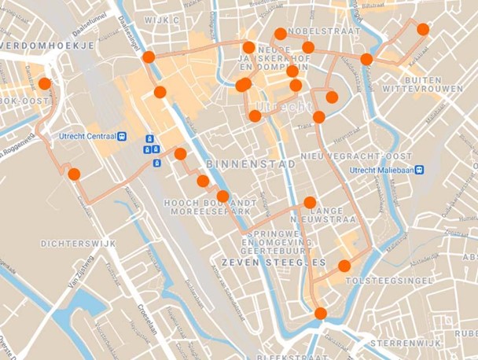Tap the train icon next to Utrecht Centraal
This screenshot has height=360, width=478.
point(123,135)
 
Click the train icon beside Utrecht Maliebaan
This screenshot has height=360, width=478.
point(421,168)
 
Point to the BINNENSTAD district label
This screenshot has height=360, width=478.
point(239,163)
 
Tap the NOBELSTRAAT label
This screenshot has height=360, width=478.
point(324,32)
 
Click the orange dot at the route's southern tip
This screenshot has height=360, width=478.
point(320,314)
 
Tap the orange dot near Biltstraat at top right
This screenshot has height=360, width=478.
point(423,29)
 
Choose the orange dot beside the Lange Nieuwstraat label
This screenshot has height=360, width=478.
point(310,202)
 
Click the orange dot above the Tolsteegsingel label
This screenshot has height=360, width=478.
point(344,265)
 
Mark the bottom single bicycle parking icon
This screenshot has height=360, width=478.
point(156,163)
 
